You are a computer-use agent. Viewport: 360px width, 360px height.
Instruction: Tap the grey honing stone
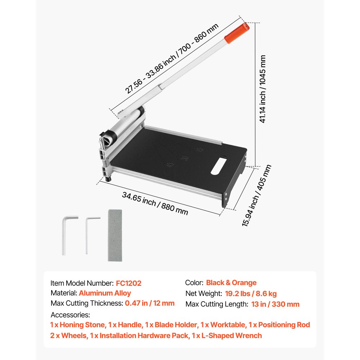click(x=114, y=235)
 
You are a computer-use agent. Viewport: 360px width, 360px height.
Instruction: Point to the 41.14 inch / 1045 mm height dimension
click(x=262, y=89)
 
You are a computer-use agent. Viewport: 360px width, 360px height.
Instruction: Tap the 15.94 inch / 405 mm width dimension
click(x=257, y=195)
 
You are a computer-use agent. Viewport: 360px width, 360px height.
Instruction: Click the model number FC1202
click(x=129, y=283)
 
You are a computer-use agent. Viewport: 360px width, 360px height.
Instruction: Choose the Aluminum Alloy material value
click(x=105, y=293)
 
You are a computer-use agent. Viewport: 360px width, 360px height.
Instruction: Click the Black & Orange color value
click(x=231, y=283)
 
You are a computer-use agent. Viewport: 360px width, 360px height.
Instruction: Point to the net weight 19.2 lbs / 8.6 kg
click(x=251, y=294)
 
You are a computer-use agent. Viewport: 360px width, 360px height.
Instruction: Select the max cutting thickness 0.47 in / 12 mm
click(x=149, y=303)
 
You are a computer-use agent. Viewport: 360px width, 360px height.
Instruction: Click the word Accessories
click(x=70, y=315)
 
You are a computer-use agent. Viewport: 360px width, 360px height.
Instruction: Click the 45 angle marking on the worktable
click(x=170, y=165)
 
